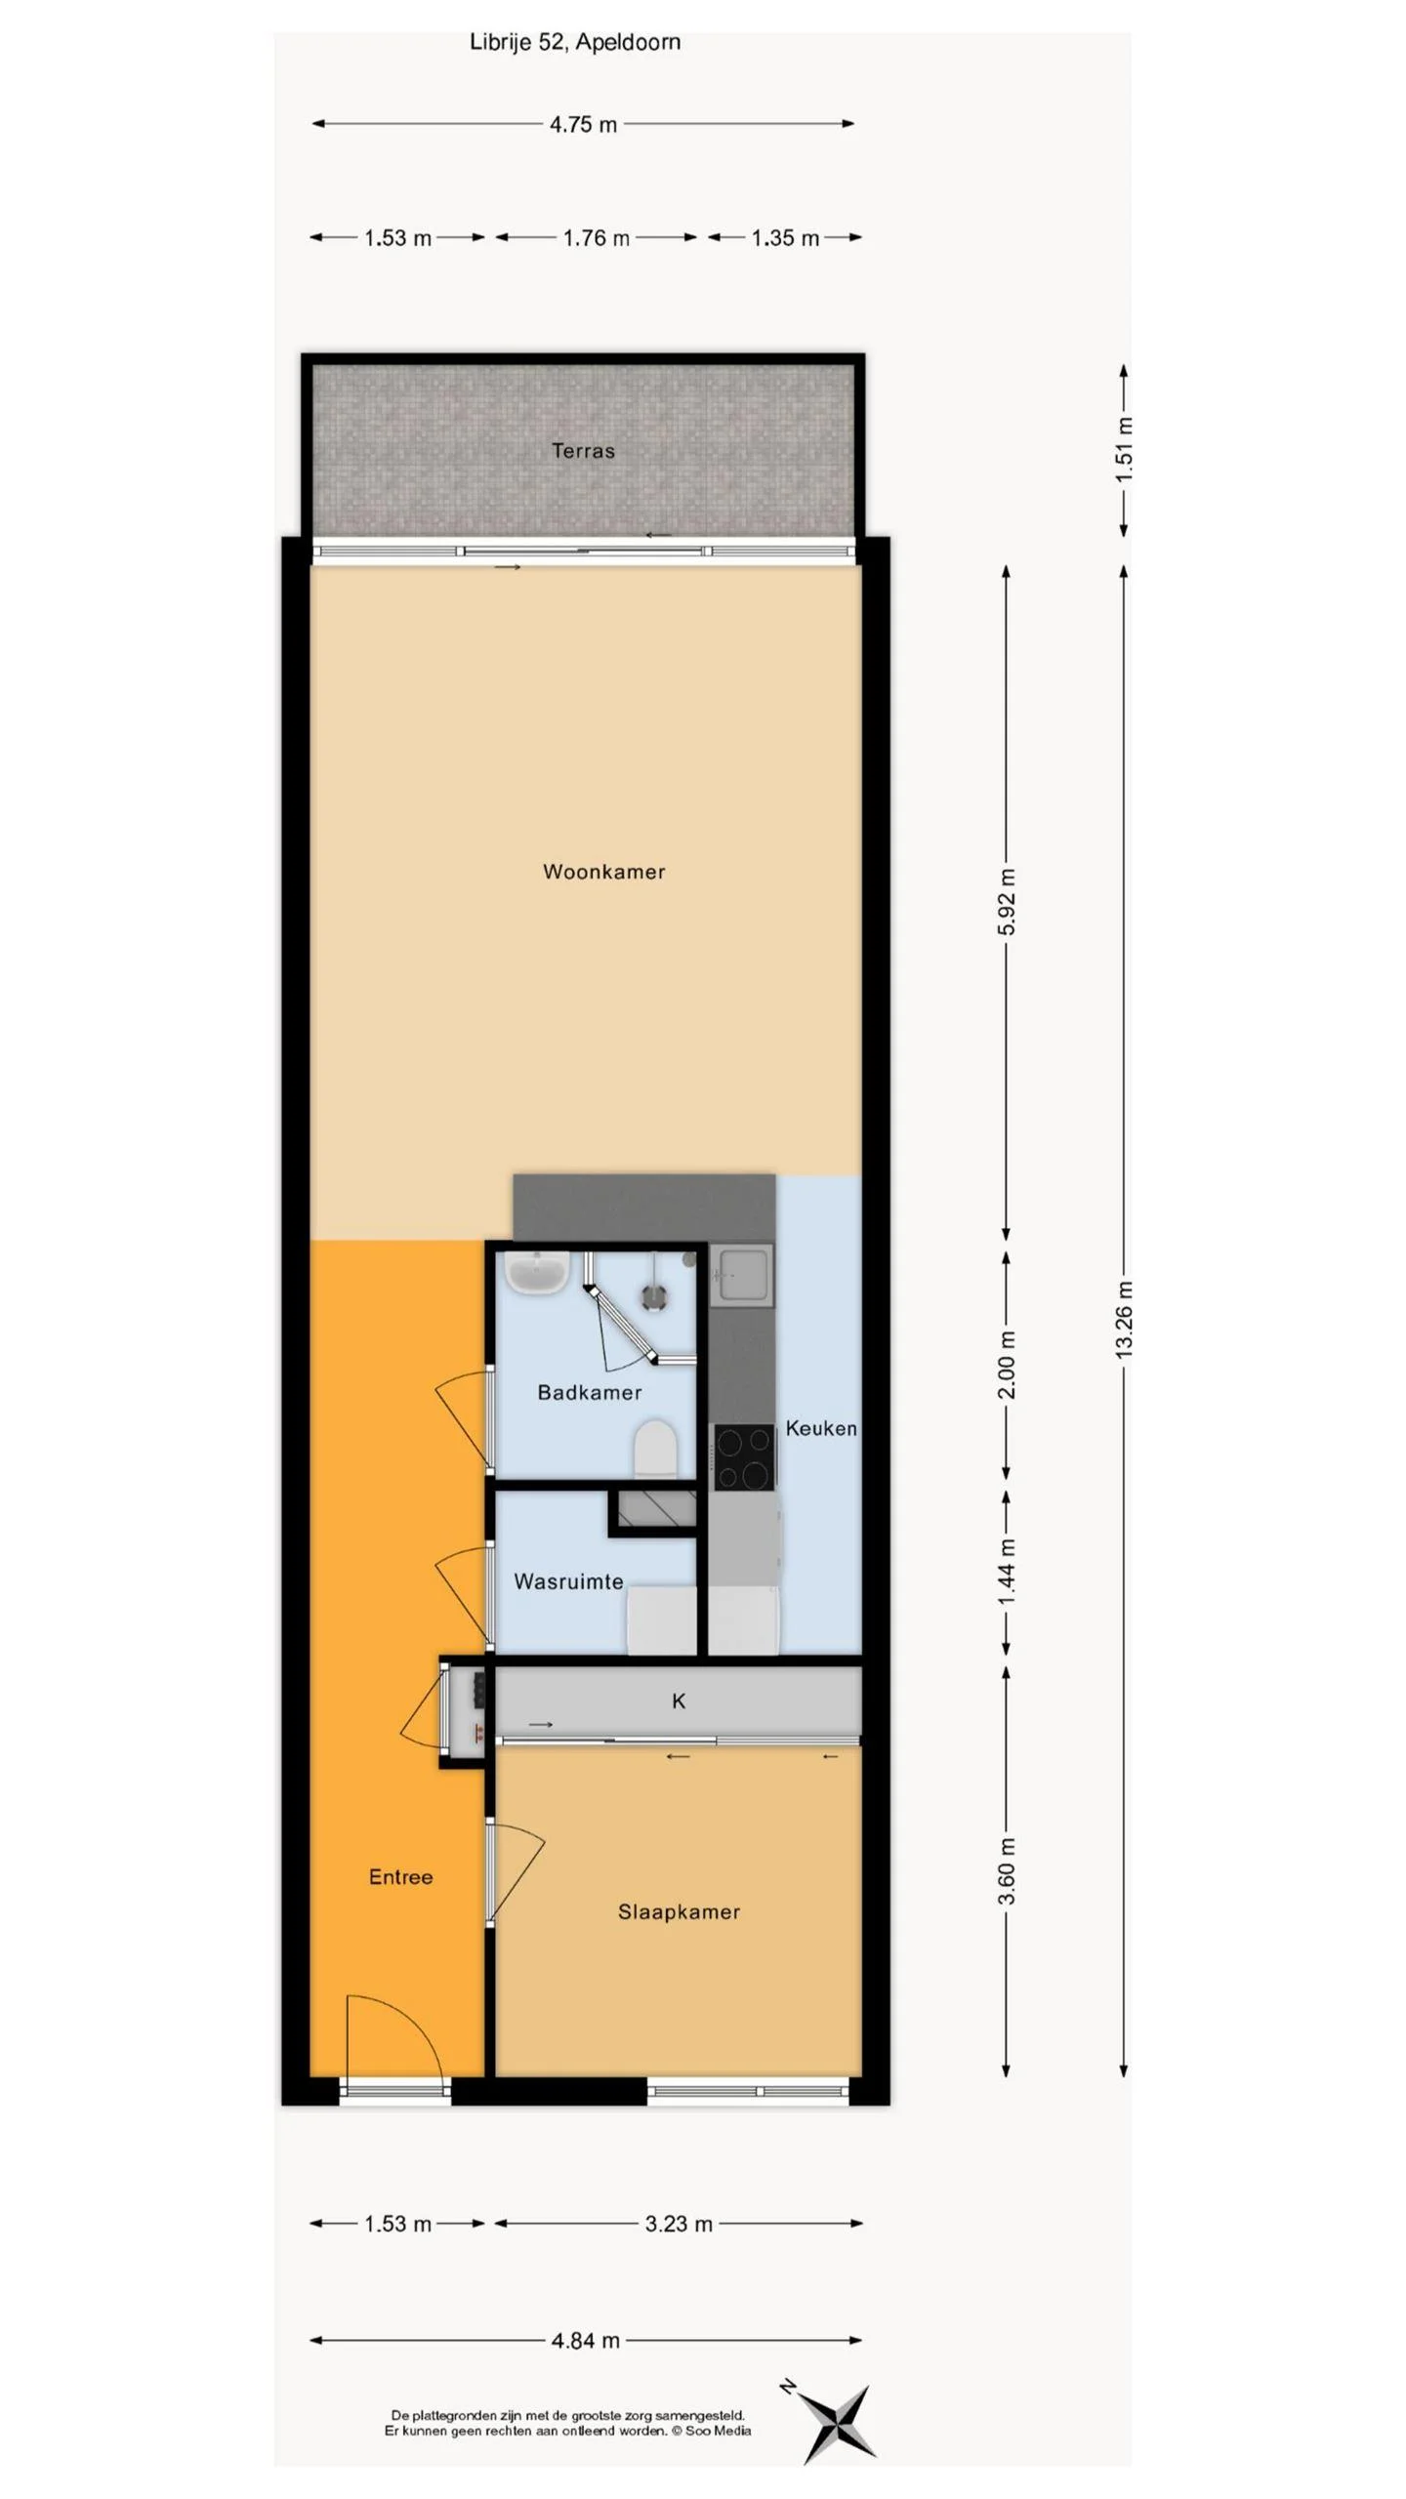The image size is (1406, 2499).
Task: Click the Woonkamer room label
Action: [603, 872]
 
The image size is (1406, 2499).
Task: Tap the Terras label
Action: [583, 451]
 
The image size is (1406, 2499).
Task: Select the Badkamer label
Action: [589, 1393]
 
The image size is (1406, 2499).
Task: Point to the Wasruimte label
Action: [568, 1581]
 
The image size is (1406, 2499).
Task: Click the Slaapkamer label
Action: [679, 1912]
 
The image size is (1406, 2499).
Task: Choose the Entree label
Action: [400, 1877]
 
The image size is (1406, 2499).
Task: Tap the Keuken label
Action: [820, 1429]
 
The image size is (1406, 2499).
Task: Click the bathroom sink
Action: [536, 1272]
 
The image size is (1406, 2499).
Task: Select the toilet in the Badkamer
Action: [655, 1448]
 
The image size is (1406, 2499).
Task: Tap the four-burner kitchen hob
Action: [744, 1456]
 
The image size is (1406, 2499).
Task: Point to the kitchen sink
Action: [742, 1273]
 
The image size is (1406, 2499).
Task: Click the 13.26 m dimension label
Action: [1124, 1319]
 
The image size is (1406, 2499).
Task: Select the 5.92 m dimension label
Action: [1007, 901]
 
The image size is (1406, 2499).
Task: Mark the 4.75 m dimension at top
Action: [583, 125]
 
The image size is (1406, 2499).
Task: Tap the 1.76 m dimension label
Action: [596, 238]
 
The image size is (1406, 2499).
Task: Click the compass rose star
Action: [839, 2423]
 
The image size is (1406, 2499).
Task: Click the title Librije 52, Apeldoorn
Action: [575, 43]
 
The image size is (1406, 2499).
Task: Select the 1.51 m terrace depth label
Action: [1124, 449]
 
